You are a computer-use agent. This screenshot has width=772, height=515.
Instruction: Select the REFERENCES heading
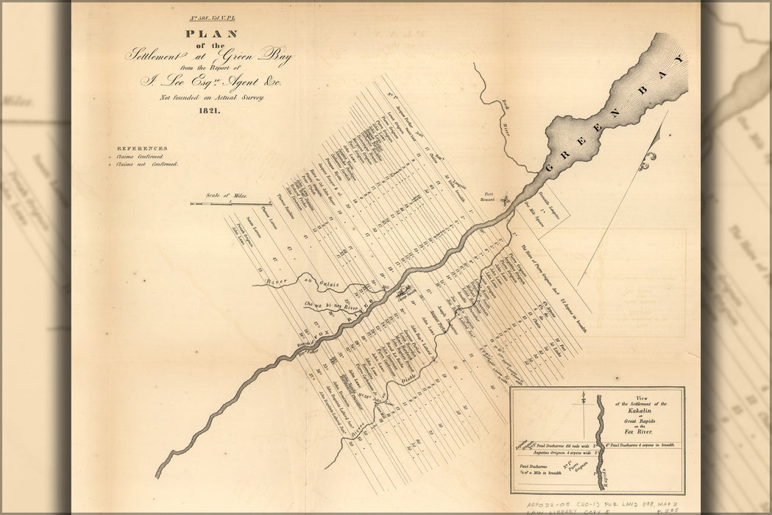142,148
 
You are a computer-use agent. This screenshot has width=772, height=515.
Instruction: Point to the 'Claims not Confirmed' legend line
147,165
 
